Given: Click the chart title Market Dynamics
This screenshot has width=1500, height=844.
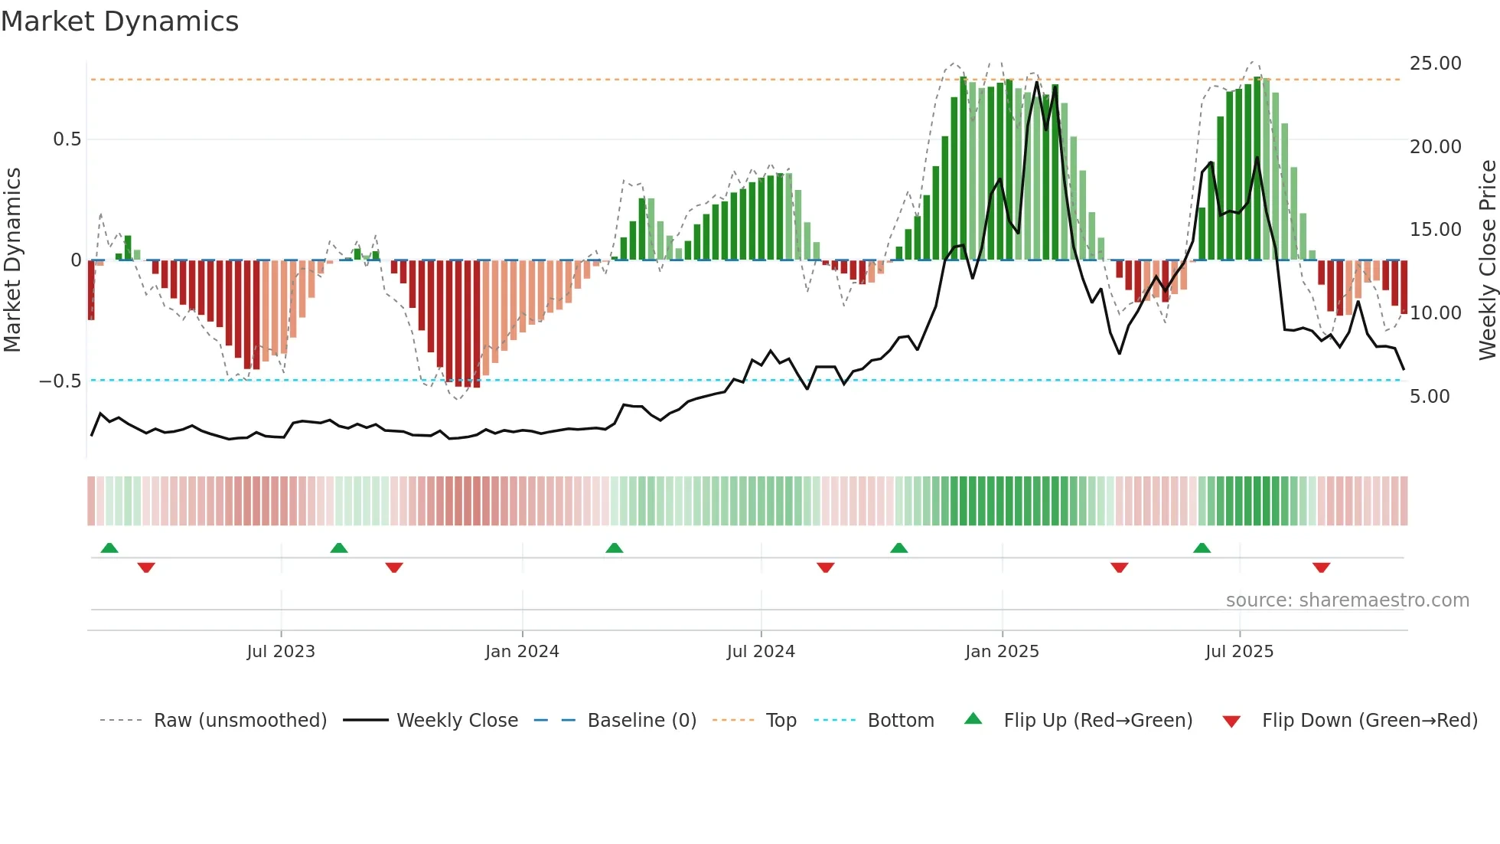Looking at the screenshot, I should [120, 21].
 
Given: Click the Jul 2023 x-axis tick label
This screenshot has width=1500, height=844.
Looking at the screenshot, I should [281, 652].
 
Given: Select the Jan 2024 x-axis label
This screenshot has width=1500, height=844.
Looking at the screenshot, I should [522, 652].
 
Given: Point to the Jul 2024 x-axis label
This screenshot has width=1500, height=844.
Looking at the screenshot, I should [761, 652].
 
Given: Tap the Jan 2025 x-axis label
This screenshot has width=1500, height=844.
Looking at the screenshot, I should [1002, 652].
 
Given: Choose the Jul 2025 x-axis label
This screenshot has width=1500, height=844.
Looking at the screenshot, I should [1239, 652].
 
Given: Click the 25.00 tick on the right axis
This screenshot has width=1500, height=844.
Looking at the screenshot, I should [1435, 64].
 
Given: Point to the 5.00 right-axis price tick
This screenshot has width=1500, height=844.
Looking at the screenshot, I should [1430, 397].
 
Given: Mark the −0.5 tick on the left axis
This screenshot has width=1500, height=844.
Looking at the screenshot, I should [60, 381].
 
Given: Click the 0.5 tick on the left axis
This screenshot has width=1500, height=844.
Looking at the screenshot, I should [67, 139].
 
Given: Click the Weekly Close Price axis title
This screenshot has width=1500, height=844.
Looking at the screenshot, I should [1487, 260].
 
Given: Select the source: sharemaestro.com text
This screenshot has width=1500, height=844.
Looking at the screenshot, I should [1347, 600].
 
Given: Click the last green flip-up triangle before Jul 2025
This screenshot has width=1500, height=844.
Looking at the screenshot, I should [1202, 548].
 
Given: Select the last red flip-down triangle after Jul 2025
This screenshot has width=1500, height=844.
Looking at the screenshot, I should [1321, 568].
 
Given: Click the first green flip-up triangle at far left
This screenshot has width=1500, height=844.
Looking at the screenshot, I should [109, 548].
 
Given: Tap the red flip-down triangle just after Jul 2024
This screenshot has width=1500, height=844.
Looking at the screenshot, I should [825, 568].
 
